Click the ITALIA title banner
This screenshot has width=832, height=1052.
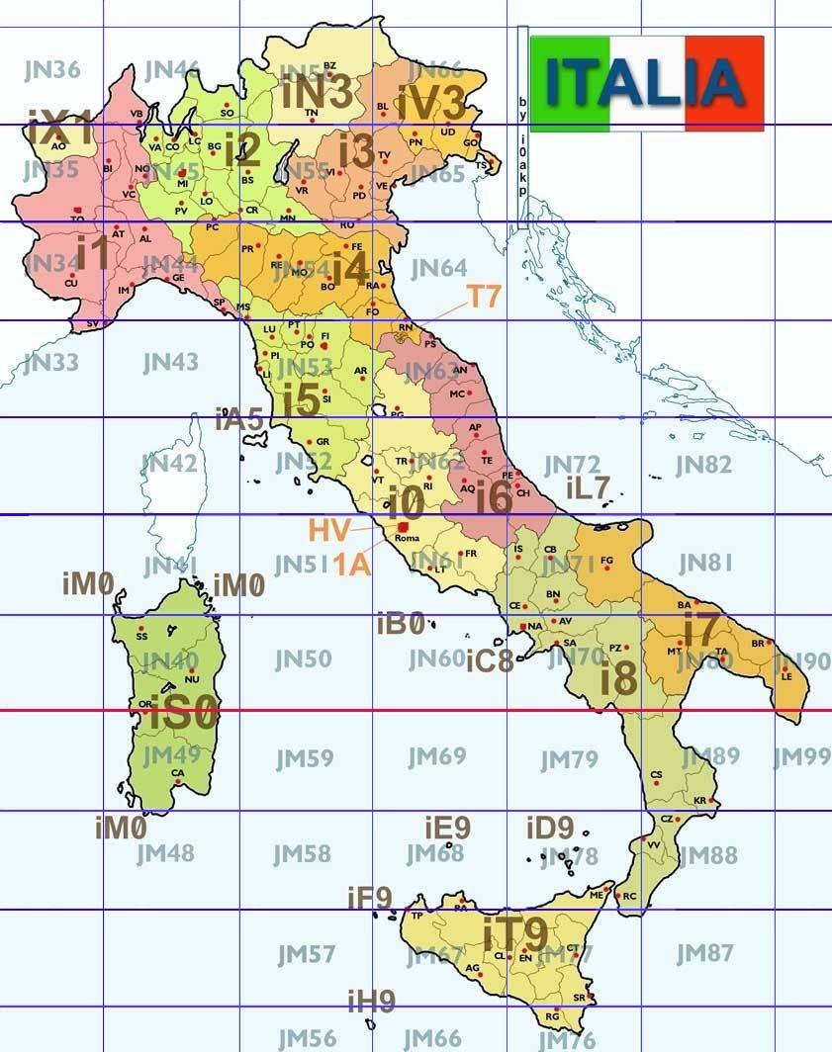(x=647, y=83)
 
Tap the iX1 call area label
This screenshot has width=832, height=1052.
(x=59, y=130)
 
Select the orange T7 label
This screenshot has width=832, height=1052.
(x=485, y=297)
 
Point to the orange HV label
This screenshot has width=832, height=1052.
(x=328, y=530)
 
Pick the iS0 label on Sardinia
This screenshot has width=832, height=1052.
(x=184, y=714)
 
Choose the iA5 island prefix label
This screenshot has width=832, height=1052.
(x=238, y=419)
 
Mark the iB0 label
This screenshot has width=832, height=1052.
(x=401, y=623)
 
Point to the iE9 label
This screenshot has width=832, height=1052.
(x=447, y=827)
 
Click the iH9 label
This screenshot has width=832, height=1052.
(x=371, y=1002)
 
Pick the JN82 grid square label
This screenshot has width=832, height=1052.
(x=703, y=465)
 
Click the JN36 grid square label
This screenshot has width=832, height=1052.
(x=51, y=70)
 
